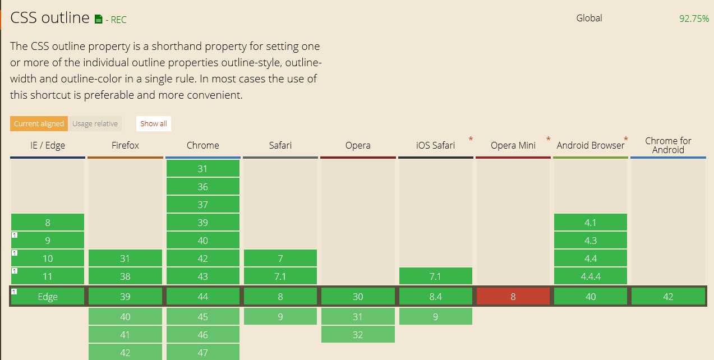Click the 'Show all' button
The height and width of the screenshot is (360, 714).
154,123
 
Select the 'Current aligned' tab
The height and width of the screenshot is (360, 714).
39,123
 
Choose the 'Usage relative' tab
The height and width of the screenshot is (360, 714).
95,123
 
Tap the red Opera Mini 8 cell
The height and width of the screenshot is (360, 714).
513,297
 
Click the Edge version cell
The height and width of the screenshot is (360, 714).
48,297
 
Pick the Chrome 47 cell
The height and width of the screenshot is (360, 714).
202,352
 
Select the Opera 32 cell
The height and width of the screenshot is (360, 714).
358,335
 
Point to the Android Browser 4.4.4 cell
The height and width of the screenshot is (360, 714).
591,276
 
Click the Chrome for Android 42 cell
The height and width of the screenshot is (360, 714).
668,297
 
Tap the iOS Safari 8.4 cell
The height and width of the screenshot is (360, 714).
436,297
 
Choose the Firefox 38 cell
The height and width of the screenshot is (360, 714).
125,276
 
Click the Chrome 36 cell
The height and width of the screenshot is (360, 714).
202,187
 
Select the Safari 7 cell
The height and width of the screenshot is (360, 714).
280,259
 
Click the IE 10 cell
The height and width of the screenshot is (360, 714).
48,259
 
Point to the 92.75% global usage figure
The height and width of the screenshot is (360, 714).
694,19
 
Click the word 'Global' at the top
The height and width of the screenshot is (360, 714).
589,18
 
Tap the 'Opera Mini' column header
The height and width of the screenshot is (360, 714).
513,145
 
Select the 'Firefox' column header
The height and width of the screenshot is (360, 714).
125,145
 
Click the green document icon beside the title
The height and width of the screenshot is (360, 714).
99,20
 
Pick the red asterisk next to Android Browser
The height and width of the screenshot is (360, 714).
626,139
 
